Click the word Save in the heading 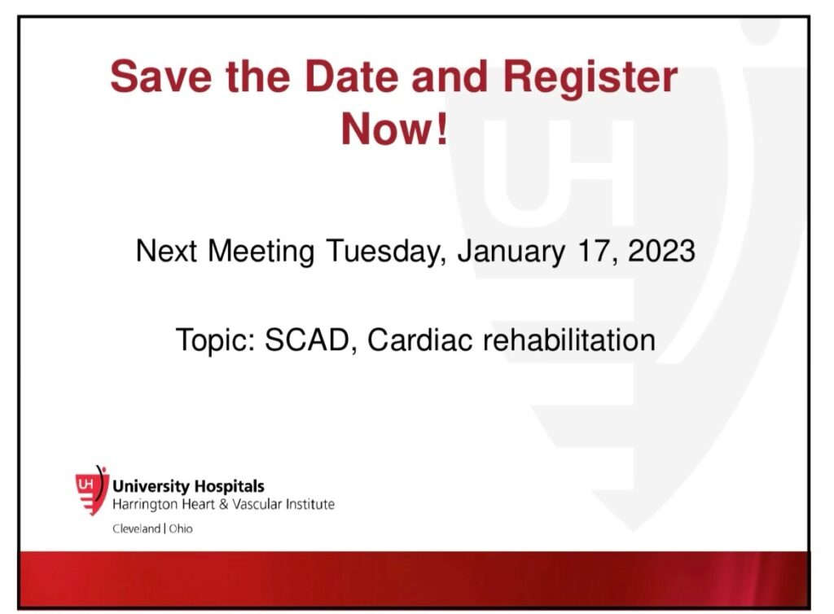point(161,77)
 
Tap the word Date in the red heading point(351,77)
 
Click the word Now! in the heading point(394,129)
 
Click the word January point(511,252)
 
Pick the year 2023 point(661,250)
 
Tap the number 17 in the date point(598,251)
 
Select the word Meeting point(261,252)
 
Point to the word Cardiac point(419,340)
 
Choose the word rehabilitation point(569,340)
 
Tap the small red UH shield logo point(91,489)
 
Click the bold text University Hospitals point(188,486)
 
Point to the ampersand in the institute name point(223,504)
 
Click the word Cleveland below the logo point(136,528)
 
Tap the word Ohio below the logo point(181,528)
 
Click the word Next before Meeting point(166,251)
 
